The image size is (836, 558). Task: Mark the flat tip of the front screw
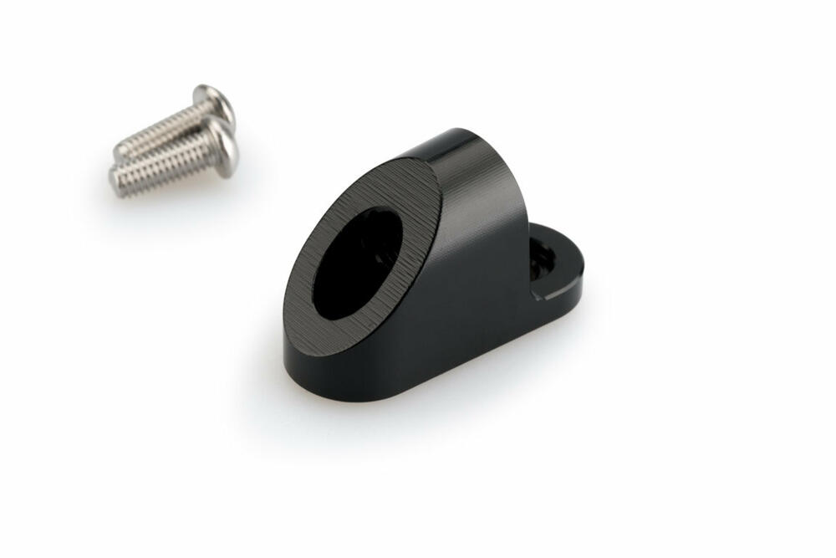pyautogui.click(x=115, y=178)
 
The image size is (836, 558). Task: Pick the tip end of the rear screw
pyautogui.click(x=122, y=151)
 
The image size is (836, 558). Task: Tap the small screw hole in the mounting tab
pyautogui.click(x=541, y=259)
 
